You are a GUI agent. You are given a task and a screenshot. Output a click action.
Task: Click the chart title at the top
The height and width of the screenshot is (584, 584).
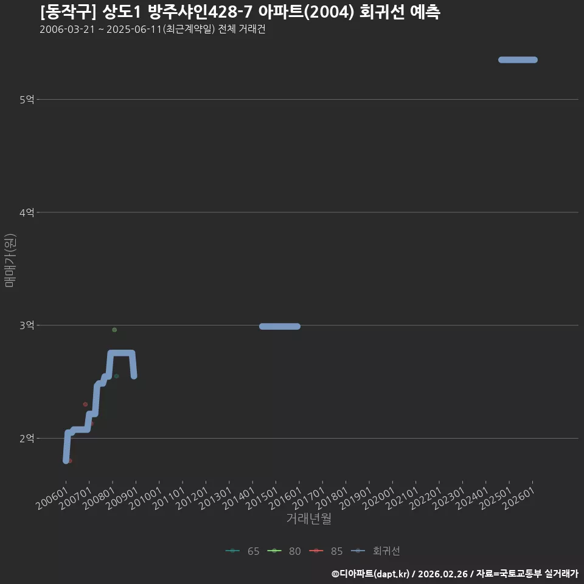(x=240, y=12)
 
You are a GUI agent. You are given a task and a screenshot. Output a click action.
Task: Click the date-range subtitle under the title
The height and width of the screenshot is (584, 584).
(x=153, y=29)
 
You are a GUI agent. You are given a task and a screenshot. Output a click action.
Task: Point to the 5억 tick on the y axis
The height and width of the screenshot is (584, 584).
(x=27, y=99)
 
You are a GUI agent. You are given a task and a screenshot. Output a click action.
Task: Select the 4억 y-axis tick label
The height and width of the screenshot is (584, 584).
(x=27, y=212)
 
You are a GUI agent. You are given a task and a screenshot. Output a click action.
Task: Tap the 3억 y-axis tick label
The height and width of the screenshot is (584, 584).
(x=27, y=325)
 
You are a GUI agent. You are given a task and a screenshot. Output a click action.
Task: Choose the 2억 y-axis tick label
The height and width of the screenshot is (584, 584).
(x=27, y=439)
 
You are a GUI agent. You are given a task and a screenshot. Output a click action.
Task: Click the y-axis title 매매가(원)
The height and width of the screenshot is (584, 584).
(x=10, y=260)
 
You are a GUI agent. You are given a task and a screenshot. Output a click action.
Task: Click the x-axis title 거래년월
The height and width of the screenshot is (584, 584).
(x=309, y=518)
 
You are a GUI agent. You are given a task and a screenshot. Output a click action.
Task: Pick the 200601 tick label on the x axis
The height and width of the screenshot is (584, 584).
(x=52, y=498)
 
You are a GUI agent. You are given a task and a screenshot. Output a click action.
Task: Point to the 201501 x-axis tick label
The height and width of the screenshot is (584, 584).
(x=262, y=498)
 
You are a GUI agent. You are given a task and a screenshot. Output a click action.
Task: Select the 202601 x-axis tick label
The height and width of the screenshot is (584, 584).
(x=519, y=498)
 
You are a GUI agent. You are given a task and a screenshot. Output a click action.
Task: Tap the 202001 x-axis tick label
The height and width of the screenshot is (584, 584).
(x=379, y=498)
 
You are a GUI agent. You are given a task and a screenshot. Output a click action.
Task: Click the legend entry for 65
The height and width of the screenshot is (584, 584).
(x=243, y=551)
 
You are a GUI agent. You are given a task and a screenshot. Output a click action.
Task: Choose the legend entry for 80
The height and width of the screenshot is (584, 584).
(x=284, y=551)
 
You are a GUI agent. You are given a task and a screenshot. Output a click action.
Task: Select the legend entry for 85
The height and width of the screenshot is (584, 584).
(x=326, y=551)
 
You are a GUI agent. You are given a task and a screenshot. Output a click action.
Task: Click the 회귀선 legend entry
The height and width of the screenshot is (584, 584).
(x=375, y=551)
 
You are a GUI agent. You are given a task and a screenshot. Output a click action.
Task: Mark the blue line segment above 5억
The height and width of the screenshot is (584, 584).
(x=518, y=60)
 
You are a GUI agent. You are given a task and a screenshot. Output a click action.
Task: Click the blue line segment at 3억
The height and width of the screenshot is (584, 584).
(x=280, y=326)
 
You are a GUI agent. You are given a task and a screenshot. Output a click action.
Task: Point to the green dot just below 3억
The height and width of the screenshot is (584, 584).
(x=114, y=330)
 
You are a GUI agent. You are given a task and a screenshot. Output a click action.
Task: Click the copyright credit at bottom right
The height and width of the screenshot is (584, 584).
(x=455, y=574)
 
